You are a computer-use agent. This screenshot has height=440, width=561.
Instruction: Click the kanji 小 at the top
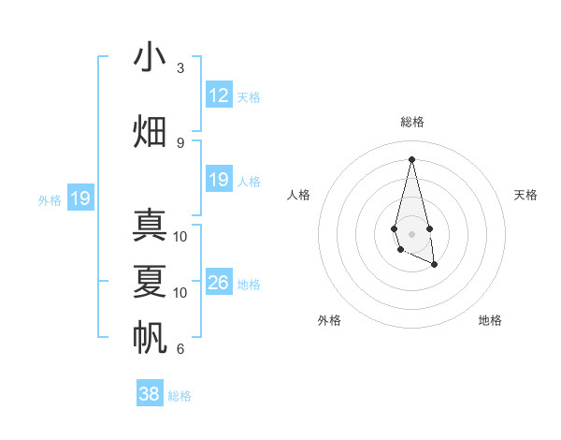pos(151,58)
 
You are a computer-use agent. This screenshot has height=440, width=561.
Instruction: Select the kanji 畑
pos(151,132)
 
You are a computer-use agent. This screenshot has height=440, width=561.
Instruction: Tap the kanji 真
pos(151,226)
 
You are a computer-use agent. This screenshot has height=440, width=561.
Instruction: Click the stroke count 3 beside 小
pos(180,68)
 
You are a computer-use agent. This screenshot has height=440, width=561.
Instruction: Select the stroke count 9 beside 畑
pos(180,143)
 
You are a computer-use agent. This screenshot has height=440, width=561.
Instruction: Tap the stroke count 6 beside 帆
pos(180,349)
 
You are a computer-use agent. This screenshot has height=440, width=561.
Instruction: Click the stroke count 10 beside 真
pos(180,237)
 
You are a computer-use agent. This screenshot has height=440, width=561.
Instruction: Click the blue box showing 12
pos(218,95)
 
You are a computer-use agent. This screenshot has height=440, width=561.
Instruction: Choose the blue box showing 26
pos(218,283)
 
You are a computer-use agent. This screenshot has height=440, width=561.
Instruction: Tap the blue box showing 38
pos(149,394)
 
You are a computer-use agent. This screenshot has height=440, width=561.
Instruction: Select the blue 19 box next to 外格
pos(79,198)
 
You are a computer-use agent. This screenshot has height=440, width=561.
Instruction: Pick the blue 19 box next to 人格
pos(218,180)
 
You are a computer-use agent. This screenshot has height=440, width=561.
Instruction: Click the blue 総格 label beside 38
pos(180,396)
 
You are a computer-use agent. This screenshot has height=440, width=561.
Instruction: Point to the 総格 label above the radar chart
pos(411,122)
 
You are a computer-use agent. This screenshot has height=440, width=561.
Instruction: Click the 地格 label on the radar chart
pos(490,320)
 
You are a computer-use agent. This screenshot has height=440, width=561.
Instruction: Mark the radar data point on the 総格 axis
pos(411,158)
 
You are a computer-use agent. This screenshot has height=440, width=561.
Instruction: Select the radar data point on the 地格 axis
pos(435,266)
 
